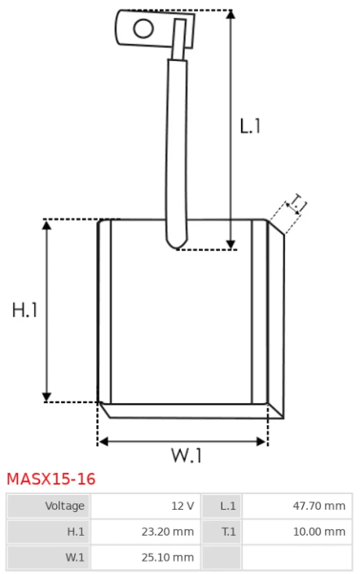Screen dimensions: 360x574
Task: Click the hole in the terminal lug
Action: (x=143, y=28)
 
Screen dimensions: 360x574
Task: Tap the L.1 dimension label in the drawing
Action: (x=251, y=126)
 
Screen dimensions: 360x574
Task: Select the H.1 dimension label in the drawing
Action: (x=25, y=310)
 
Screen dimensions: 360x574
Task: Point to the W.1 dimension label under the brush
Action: (x=187, y=455)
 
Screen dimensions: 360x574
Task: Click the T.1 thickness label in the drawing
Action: (x=297, y=204)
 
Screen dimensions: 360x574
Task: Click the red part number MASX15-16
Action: (x=51, y=479)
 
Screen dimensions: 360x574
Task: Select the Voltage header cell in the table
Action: (x=48, y=506)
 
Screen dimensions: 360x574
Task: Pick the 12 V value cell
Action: (x=146, y=506)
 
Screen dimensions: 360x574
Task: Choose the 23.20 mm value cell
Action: (x=146, y=532)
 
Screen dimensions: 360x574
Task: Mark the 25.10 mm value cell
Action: (x=146, y=557)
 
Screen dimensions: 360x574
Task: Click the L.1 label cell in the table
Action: (x=222, y=506)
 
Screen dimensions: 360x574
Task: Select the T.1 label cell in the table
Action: (x=222, y=532)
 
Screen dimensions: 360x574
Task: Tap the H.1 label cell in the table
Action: (x=48, y=532)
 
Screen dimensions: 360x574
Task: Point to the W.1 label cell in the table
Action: (x=48, y=557)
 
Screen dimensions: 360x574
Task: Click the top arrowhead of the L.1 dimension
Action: (x=230, y=15)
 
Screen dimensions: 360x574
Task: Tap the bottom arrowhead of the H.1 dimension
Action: (x=46, y=397)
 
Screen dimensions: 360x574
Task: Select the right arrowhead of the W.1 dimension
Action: (x=261, y=441)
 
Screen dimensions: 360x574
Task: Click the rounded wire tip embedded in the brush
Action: (x=177, y=242)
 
